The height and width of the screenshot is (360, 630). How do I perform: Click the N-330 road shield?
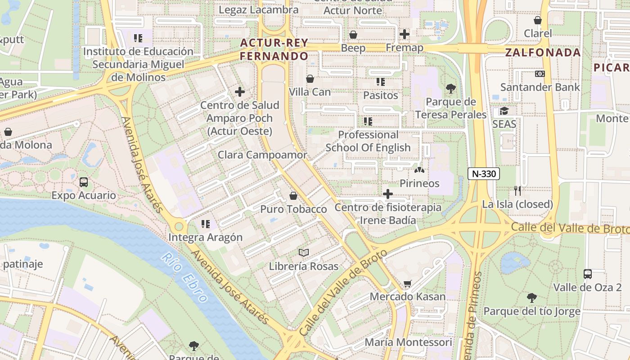484,174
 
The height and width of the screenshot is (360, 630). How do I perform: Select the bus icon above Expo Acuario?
84,182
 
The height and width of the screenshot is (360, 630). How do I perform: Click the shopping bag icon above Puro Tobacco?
293,196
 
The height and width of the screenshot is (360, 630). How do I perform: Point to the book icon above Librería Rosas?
304,252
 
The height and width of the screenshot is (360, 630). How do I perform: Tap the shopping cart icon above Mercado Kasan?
407,283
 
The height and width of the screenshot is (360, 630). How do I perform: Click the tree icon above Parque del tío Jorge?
531,297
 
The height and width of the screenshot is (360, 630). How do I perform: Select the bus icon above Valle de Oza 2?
587,274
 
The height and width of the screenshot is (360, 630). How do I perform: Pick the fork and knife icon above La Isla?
517,191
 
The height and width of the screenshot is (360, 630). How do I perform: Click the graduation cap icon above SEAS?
504,111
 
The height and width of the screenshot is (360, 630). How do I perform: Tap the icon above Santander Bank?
540,73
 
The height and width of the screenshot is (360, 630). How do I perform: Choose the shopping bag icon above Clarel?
537,20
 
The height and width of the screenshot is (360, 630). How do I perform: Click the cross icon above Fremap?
404,34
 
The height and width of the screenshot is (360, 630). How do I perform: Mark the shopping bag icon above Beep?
353,35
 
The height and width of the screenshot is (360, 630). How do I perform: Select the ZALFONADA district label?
543,52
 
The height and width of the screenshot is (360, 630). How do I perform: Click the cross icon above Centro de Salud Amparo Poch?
240,92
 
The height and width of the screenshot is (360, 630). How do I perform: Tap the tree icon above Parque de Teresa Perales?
450,89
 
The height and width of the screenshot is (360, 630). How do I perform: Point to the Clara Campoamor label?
262,155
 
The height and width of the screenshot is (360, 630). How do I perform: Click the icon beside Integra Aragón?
206,224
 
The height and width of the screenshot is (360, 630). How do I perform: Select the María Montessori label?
408,342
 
